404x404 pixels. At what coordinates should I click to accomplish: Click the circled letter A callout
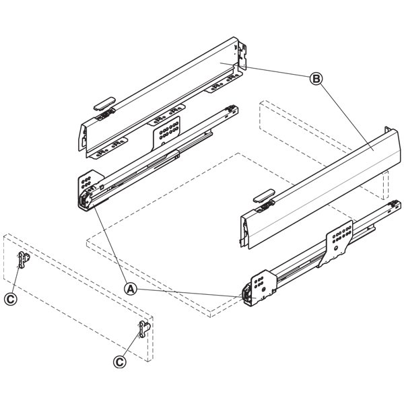[x=131, y=289]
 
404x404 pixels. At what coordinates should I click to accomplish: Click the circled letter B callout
[x=316, y=79]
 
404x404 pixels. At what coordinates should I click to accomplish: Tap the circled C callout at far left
[x=11, y=299]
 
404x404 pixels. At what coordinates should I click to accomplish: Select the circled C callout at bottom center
[x=120, y=362]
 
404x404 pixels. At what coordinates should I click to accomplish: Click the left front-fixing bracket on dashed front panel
[x=24, y=259]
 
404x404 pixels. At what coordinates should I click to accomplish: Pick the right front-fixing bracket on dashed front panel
[x=144, y=329]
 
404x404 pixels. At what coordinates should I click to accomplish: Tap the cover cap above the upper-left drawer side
[x=104, y=103]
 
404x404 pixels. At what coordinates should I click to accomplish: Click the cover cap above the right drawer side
[x=264, y=196]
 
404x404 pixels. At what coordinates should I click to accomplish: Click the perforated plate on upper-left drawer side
[x=167, y=131]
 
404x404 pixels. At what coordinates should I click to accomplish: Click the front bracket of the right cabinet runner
[x=259, y=288]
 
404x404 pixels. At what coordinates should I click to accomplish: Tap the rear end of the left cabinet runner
[x=231, y=110]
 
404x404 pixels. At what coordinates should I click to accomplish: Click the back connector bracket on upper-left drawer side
[x=242, y=55]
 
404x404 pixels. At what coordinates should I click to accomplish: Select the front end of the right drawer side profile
[x=245, y=230]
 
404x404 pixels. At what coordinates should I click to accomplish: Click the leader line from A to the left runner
[x=110, y=243]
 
